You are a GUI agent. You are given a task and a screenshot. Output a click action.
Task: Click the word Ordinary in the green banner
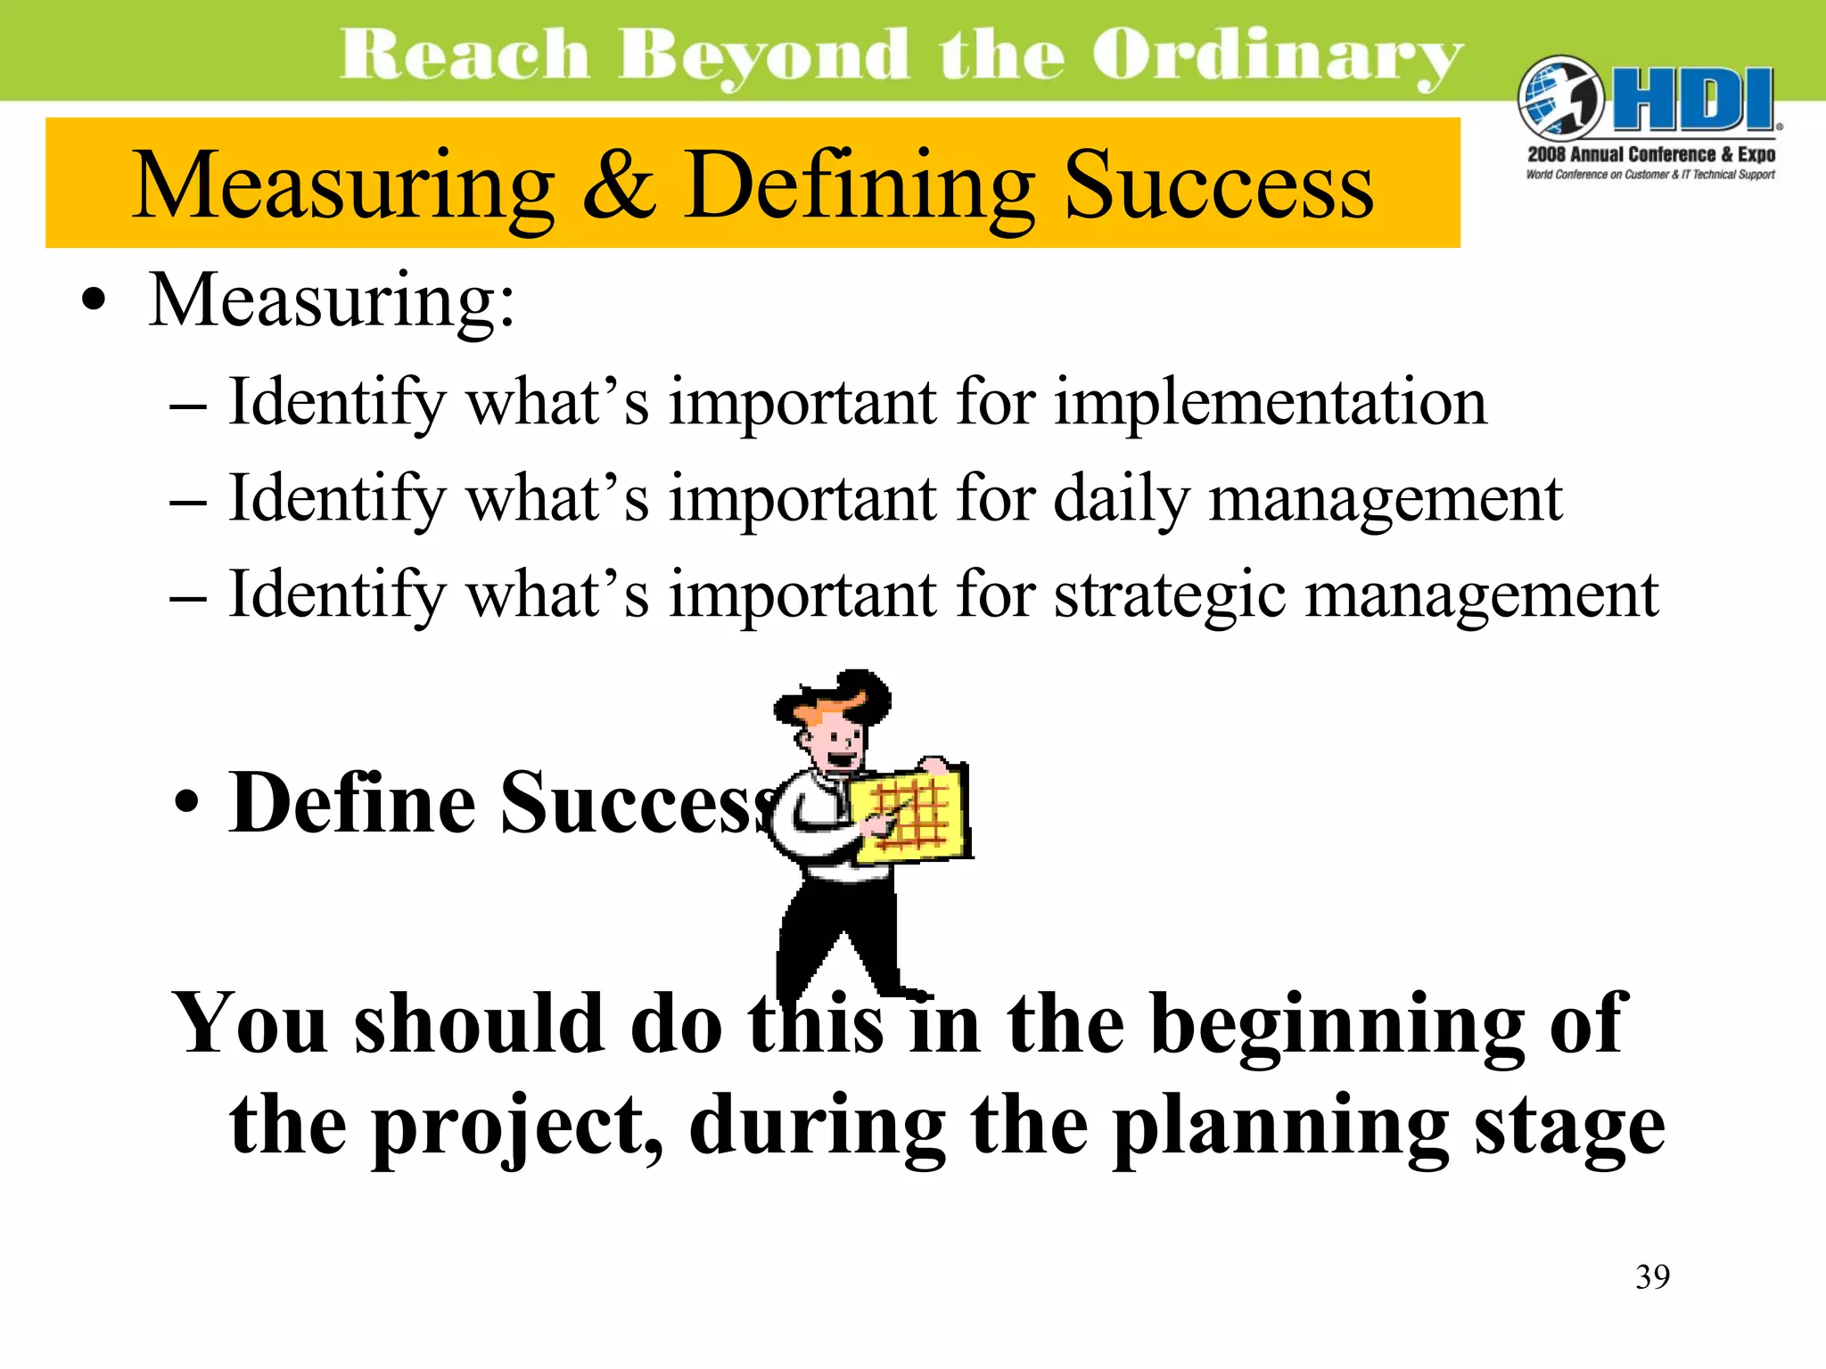[1277, 55]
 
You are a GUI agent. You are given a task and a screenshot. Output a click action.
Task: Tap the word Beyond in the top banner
[763, 55]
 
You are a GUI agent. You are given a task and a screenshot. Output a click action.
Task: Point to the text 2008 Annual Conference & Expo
[1650, 154]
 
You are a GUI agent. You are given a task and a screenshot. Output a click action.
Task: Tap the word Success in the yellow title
[1218, 184]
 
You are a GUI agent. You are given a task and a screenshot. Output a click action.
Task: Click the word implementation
[1271, 403]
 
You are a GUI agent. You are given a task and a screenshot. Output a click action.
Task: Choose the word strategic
[1170, 595]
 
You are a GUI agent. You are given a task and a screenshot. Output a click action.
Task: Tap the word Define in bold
[353, 802]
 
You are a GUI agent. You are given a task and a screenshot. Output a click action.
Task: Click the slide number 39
[1652, 1277]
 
